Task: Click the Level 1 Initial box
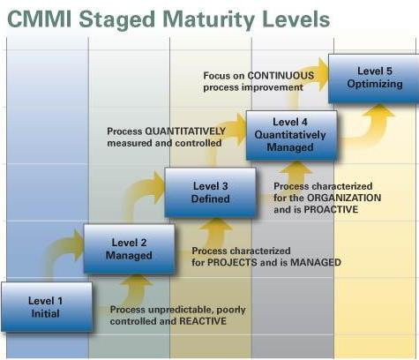(x=47, y=307)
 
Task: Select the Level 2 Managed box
(x=129, y=249)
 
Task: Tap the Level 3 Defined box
(x=210, y=192)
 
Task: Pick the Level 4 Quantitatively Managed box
(x=291, y=135)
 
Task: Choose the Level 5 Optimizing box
(x=374, y=79)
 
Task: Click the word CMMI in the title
(x=39, y=19)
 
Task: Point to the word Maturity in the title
(x=208, y=20)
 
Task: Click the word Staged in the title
(x=116, y=20)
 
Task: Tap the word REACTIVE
(x=203, y=321)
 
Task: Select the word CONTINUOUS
(x=281, y=76)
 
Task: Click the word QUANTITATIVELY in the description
(x=185, y=131)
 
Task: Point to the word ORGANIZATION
(x=344, y=198)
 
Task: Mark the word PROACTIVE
(x=331, y=209)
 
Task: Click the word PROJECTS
(x=232, y=262)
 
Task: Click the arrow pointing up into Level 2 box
(x=136, y=289)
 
